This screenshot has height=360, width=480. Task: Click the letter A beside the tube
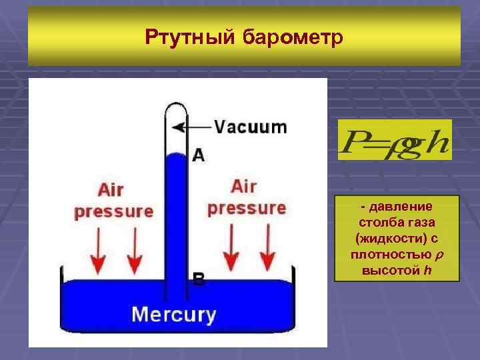click(x=198, y=155)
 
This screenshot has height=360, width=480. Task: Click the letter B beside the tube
click(x=198, y=279)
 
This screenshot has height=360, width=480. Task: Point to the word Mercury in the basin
click(x=173, y=314)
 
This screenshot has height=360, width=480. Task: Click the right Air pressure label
click(x=246, y=197)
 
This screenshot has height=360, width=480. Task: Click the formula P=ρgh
click(x=394, y=141)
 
